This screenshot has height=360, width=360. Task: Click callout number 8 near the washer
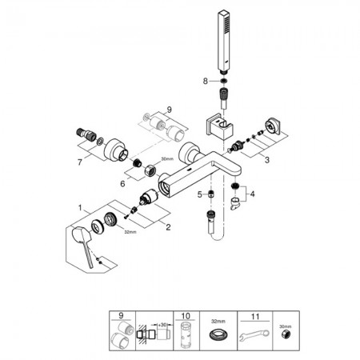[x=205, y=81]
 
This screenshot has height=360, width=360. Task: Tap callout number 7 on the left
[x=80, y=162]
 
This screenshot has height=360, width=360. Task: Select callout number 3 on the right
[x=267, y=160]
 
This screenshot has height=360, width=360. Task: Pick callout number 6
[x=122, y=184]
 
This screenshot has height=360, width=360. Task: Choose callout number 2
[x=168, y=227]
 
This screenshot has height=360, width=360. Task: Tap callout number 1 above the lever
[x=80, y=207]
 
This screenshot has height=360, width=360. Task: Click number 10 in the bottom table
[x=186, y=316]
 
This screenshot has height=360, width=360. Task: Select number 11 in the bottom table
[x=255, y=317]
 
